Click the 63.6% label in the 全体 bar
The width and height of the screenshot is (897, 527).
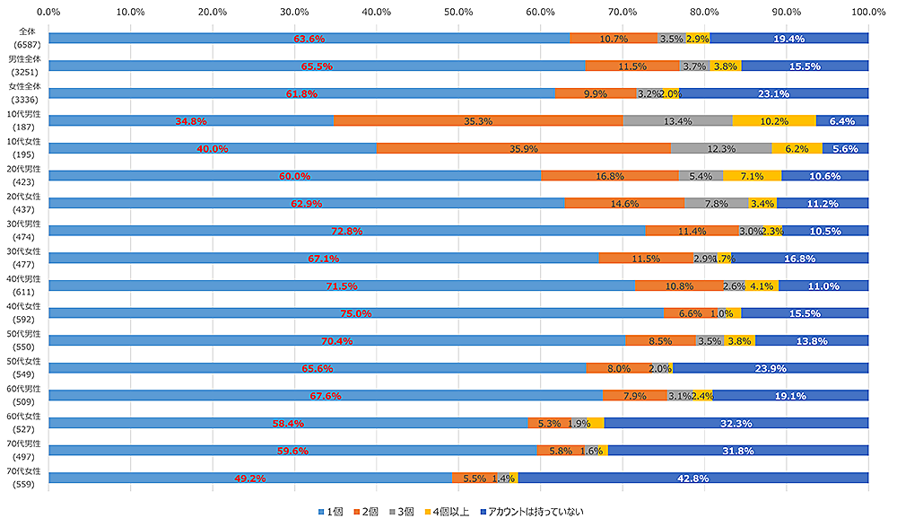point(309,39)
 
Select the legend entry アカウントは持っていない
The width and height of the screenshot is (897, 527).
point(537,512)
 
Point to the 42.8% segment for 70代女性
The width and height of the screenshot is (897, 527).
point(692,479)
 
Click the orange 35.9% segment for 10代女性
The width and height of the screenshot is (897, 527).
point(523,148)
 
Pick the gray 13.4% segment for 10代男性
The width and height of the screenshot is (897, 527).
point(677,121)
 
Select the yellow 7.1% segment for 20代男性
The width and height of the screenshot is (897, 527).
point(752,176)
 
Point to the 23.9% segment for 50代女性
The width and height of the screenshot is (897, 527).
point(771,368)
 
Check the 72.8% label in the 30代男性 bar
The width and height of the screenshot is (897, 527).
point(346,231)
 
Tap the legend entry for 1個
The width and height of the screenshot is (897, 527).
point(331,512)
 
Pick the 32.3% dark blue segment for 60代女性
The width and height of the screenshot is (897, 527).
point(736,423)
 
